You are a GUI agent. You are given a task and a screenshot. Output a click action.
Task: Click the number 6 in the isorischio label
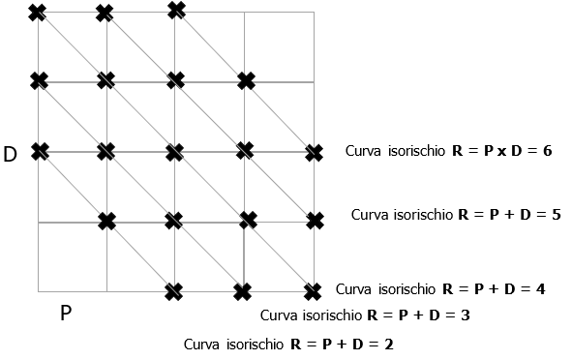[x=547, y=152]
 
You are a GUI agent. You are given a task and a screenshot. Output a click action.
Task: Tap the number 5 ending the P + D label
[x=556, y=214]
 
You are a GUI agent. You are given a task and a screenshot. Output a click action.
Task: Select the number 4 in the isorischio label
[x=540, y=289]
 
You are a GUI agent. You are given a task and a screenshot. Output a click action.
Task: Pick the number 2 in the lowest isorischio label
[x=388, y=344]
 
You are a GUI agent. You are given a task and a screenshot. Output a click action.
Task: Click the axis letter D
[x=11, y=154]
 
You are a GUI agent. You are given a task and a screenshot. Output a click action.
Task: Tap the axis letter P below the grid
[x=66, y=315]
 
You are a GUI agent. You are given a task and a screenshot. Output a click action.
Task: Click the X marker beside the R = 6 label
[x=314, y=152]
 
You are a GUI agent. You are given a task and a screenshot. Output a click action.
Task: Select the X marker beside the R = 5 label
[x=315, y=221]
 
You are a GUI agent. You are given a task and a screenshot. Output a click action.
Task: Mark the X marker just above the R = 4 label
[x=312, y=290]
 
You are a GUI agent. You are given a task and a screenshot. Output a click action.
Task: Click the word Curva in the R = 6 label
[x=365, y=152]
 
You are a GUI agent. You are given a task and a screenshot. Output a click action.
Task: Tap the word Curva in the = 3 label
[x=280, y=315]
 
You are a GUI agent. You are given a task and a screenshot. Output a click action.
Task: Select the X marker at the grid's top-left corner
[x=38, y=13]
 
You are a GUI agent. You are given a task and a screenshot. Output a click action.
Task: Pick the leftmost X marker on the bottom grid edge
[x=173, y=290]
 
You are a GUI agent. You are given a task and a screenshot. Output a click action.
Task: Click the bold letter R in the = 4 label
[x=447, y=289]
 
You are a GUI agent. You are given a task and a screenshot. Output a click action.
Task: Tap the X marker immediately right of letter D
[x=39, y=151]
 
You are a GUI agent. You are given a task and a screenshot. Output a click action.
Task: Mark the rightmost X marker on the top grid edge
[x=176, y=10]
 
